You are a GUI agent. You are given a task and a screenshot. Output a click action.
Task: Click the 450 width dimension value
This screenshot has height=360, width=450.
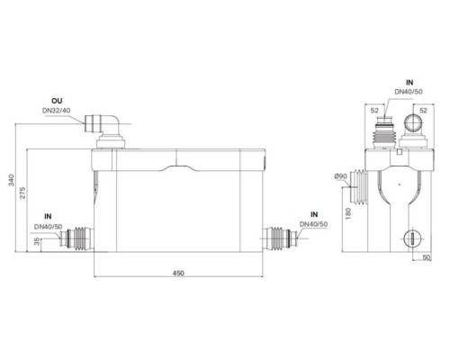pyautogui.click(x=178, y=273)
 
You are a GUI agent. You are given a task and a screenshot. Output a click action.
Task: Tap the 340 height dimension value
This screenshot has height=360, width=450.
pyautogui.click(x=11, y=180)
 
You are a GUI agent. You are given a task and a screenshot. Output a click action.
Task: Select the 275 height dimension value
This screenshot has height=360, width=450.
pyautogui.click(x=22, y=193)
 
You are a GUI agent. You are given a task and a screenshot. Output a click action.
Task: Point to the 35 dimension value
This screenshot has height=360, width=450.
pyautogui.click(x=37, y=241)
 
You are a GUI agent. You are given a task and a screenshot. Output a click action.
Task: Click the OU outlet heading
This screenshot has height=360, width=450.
pyautogui.click(x=57, y=101)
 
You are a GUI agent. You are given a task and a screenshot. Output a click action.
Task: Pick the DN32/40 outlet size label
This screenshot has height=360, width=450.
pyautogui.click(x=57, y=111)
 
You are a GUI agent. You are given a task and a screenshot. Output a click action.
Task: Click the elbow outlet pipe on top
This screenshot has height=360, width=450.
pyautogui.click(x=103, y=124)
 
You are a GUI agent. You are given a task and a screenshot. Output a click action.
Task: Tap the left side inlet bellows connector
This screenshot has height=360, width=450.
pyautogui.click(x=77, y=238)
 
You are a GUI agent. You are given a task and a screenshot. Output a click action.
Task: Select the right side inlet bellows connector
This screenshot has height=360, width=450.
pyautogui.click(x=280, y=238)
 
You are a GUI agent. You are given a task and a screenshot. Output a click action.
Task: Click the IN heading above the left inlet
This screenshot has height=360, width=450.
pyautogui.click(x=48, y=216)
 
